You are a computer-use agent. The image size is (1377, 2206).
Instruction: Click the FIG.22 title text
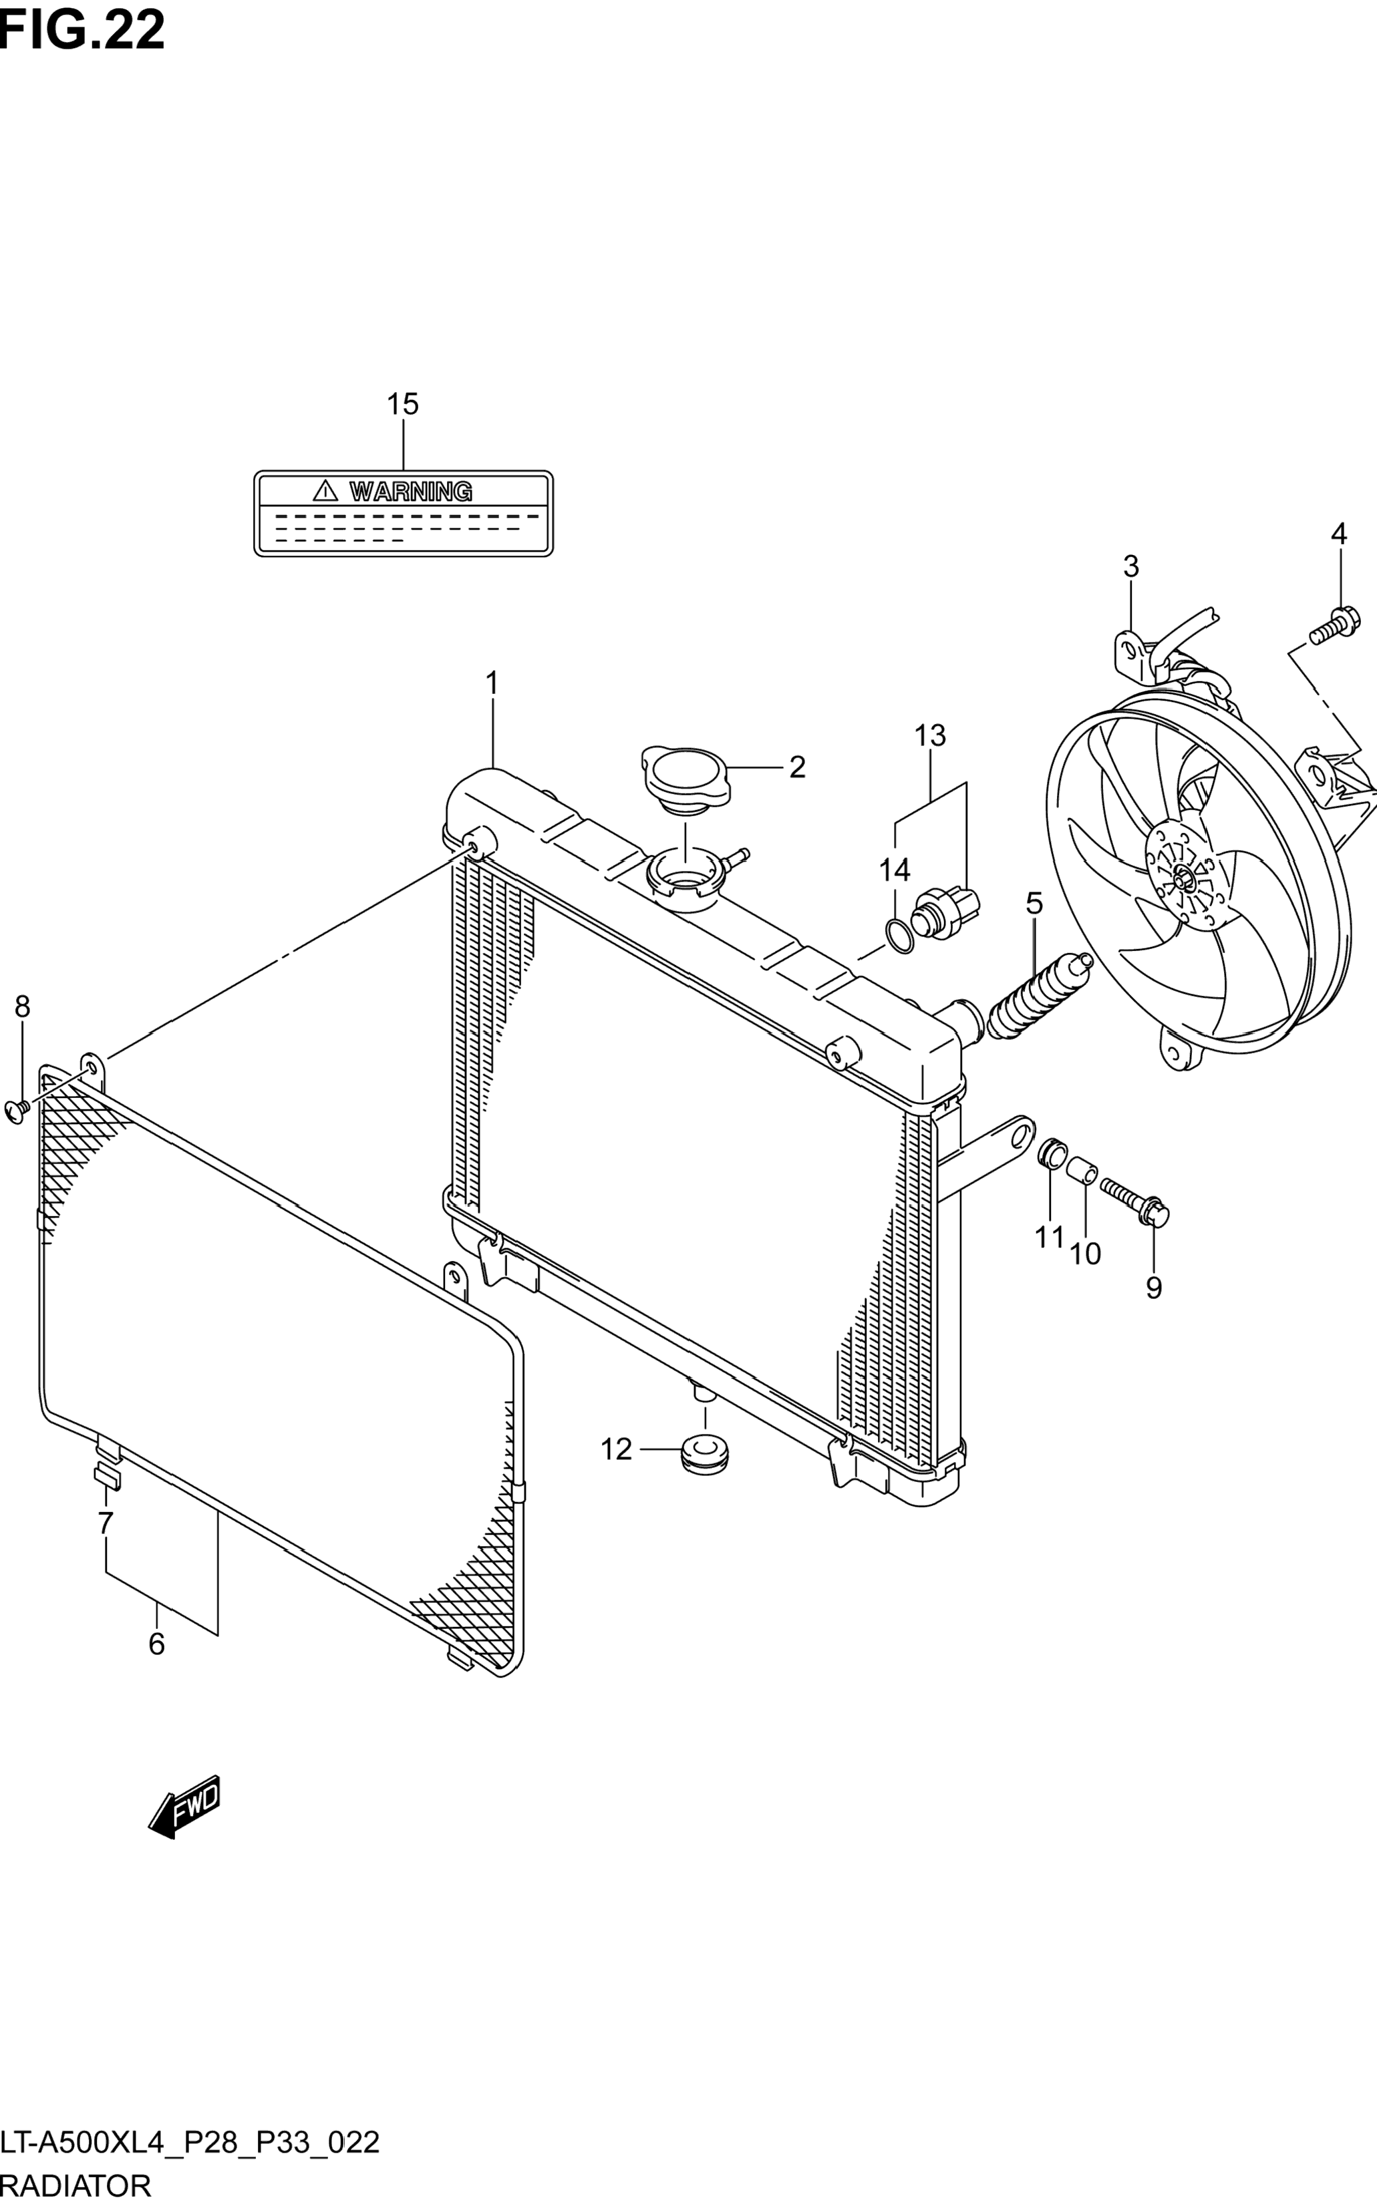pyautogui.click(x=83, y=29)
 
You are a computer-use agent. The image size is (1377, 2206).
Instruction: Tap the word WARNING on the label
pyautogui.click(x=411, y=492)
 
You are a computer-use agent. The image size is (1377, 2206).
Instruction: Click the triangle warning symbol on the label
pyautogui.click(x=325, y=491)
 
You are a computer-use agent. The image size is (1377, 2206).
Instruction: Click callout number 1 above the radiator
pyautogui.click(x=492, y=683)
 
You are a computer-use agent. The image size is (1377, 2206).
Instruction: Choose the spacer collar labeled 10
pyautogui.click(x=1082, y=1168)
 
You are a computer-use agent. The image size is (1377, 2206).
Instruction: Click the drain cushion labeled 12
pyautogui.click(x=704, y=1451)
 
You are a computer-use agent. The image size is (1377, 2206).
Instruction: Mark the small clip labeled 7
pyautogui.click(x=106, y=1477)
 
